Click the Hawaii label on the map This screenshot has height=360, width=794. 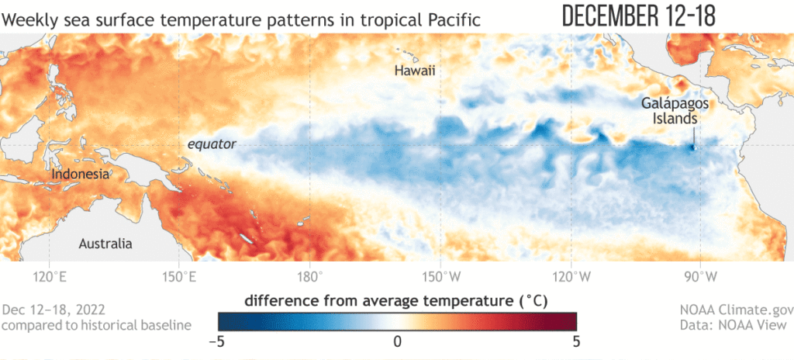point(415,71)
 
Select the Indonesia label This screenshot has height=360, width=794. point(80,175)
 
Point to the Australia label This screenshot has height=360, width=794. point(105,244)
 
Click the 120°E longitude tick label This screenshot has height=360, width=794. point(48,275)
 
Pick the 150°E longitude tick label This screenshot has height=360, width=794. point(178,275)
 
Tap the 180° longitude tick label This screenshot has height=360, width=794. point(309,275)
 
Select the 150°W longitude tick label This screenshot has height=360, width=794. point(440,275)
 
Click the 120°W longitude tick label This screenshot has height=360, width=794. point(571,275)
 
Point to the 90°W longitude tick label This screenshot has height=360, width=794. point(703,275)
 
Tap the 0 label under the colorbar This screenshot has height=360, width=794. point(397,341)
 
